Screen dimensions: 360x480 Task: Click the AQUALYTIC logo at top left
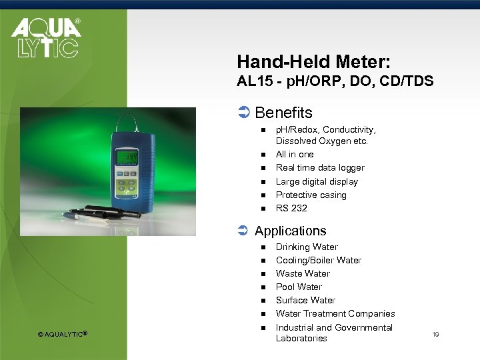pos(45,38)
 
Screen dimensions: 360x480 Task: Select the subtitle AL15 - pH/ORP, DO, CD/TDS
pos(335,81)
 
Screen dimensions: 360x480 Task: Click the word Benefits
pos(283,113)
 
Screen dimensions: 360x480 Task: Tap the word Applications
pos(290,231)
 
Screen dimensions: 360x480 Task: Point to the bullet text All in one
pos(295,154)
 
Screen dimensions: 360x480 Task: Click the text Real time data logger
pos(320,167)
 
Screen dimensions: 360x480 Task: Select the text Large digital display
pos(317,181)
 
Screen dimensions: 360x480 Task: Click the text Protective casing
pos(311,195)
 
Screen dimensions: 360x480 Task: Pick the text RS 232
pos(291,208)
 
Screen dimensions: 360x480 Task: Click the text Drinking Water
pos(307,247)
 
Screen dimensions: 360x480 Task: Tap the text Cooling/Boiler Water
pos(318,260)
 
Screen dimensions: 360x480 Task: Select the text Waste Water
pos(303,273)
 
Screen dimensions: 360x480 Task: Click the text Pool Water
pos(299,287)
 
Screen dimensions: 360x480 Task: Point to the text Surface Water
pos(305,300)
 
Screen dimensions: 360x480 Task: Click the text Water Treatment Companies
pos(335,313)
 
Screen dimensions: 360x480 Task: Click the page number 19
pos(435,333)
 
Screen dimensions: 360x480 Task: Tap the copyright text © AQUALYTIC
pos(63,333)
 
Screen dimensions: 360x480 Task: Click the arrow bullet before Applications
pos(243,231)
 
